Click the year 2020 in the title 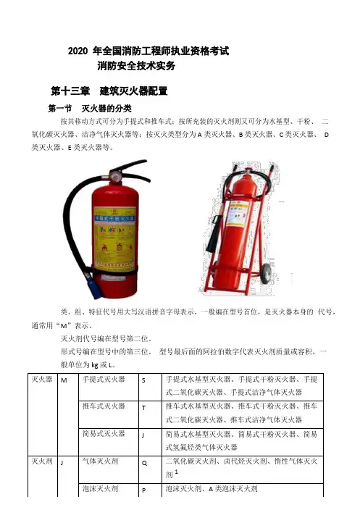click(x=78, y=51)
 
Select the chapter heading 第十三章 click(x=70, y=91)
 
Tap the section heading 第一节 click(x=60, y=109)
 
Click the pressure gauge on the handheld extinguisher click(x=114, y=176)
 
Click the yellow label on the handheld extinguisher click(x=114, y=239)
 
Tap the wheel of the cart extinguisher click(x=267, y=272)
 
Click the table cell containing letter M click(x=68, y=414)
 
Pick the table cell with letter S click(x=150, y=387)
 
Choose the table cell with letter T click(x=150, y=414)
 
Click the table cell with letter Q click(x=150, y=469)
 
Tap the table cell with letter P click(x=150, y=490)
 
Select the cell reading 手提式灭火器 click(x=109, y=387)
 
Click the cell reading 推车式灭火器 click(x=109, y=414)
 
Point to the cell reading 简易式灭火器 click(x=109, y=442)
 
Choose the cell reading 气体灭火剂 click(x=109, y=469)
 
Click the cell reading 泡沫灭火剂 click(x=109, y=490)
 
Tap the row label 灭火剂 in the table click(x=42, y=461)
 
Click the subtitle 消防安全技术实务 click(x=136, y=66)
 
